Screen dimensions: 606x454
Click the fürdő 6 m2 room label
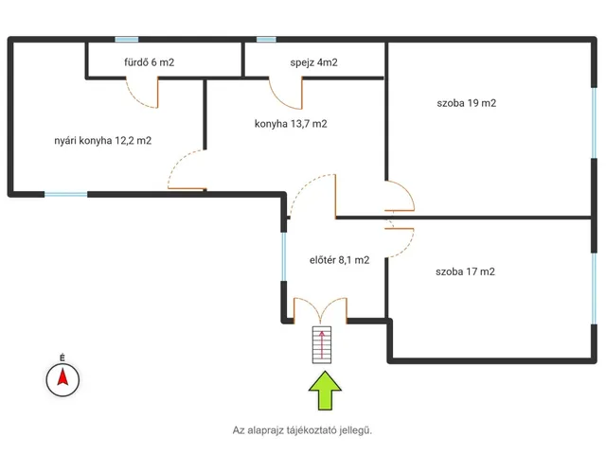click(x=150, y=62)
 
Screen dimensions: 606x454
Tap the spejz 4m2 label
click(x=313, y=62)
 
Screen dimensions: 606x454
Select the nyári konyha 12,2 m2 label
click(x=103, y=141)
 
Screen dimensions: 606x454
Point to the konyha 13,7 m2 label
click(x=291, y=124)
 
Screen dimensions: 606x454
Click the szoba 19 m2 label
click(x=467, y=103)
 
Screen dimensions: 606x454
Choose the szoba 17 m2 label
click(x=465, y=271)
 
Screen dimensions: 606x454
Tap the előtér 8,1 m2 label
click(x=339, y=260)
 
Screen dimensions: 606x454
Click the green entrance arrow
click(x=325, y=391)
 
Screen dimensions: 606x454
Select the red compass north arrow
click(x=63, y=377)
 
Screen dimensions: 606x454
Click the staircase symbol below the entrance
click(x=322, y=344)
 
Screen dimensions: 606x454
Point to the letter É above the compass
click(x=62, y=358)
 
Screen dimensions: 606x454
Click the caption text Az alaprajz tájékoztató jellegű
click(x=302, y=430)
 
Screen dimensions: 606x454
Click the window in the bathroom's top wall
click(x=127, y=40)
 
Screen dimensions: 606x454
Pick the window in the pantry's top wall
click(x=266, y=40)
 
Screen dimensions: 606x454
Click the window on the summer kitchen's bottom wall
click(x=65, y=194)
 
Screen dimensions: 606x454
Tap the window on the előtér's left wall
click(x=284, y=256)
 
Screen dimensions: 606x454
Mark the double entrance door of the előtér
click(x=320, y=310)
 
